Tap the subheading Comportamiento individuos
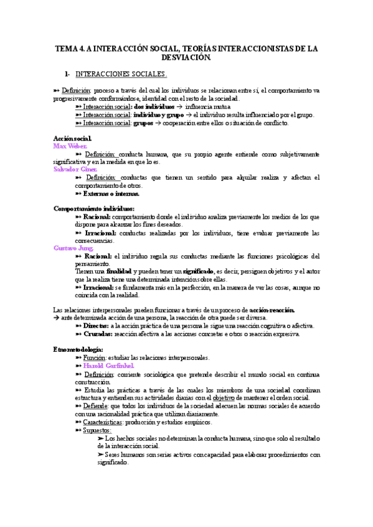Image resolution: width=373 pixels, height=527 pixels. click(x=94, y=208)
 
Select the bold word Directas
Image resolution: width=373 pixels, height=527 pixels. click(x=95, y=325)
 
